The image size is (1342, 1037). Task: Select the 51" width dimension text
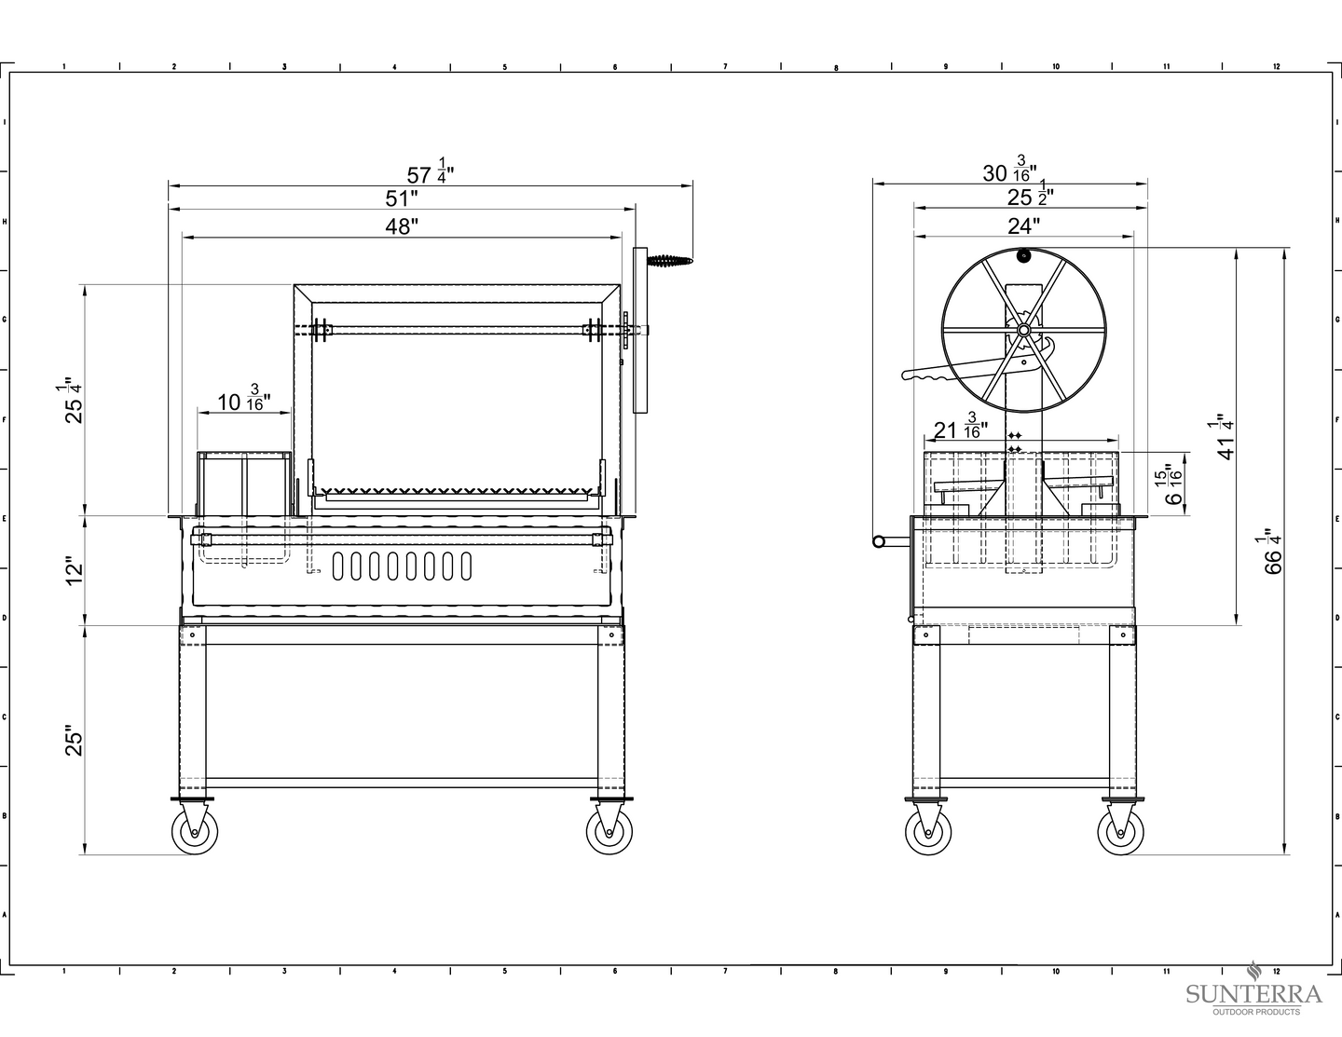coord(402,198)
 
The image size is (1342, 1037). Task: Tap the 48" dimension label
coord(402,226)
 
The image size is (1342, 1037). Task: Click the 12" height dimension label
coord(75,573)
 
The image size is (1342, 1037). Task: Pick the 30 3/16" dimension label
coord(1009,170)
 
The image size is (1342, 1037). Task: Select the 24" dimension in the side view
coord(1023,226)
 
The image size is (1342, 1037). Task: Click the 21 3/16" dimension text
coord(960,426)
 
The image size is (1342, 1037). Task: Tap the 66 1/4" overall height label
coord(1271,552)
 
